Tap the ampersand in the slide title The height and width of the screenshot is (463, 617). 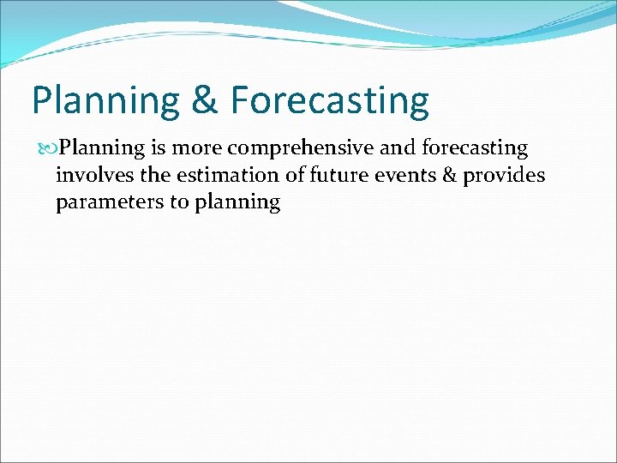click(x=205, y=101)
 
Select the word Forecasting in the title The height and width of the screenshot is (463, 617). click(x=329, y=101)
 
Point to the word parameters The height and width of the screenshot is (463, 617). click(x=102, y=203)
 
